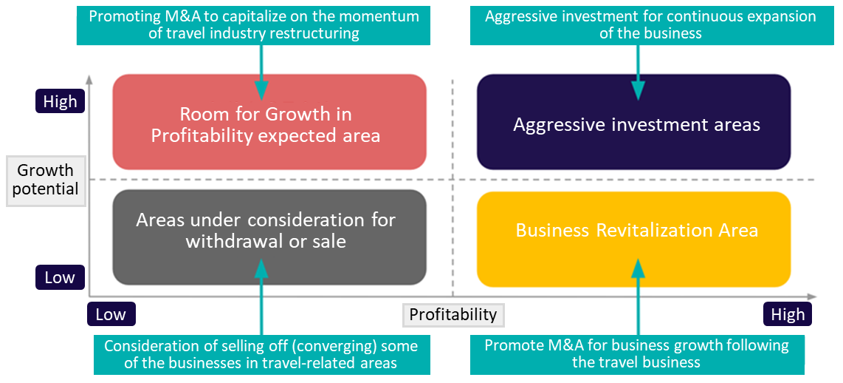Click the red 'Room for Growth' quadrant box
tap(269, 122)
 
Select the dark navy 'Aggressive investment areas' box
tap(633, 122)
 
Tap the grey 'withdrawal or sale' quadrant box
tap(269, 237)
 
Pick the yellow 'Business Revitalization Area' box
tap(633, 239)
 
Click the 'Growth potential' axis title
tap(46, 180)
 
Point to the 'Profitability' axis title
tap(453, 314)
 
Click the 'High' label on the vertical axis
tap(61, 101)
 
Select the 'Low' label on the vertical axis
tap(61, 278)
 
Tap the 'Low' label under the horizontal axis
tap(111, 314)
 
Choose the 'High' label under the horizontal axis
tap(788, 314)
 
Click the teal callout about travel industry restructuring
tap(254, 25)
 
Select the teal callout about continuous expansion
tap(650, 25)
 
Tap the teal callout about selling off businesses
tap(262, 354)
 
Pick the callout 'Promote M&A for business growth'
tap(637, 354)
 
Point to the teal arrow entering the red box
tap(261, 72)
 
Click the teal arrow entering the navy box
tap(639, 72)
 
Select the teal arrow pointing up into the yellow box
tap(639, 296)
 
